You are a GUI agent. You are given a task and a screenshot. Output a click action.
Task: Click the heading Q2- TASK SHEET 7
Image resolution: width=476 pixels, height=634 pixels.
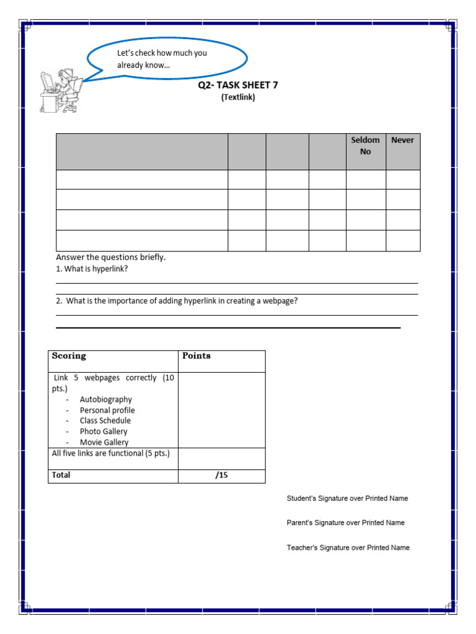238,85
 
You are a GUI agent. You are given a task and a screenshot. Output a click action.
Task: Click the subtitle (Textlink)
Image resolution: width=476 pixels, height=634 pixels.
238,97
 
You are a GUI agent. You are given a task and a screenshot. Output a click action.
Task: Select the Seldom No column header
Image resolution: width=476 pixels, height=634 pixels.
366,146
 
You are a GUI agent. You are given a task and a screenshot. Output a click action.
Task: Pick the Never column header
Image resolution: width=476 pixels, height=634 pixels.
403,141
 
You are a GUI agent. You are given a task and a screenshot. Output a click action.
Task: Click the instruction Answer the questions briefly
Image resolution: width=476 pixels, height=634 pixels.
111,257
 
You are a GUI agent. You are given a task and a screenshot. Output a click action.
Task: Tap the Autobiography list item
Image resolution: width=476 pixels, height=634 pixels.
105,400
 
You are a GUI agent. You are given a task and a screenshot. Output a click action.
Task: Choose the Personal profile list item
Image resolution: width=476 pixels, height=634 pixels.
107,410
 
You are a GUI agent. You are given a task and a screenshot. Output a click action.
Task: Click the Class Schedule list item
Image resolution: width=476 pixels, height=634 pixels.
105,421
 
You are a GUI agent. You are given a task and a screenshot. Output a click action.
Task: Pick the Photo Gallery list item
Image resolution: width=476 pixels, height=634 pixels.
104,432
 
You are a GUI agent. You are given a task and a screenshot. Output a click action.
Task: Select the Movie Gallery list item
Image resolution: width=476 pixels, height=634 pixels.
104,442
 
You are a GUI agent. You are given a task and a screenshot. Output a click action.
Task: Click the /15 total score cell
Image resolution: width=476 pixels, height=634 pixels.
221,475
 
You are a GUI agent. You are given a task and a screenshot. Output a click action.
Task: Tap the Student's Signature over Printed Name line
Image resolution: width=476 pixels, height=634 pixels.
347,498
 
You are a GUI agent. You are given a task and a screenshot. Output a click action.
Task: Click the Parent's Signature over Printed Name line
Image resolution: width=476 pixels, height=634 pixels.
345,523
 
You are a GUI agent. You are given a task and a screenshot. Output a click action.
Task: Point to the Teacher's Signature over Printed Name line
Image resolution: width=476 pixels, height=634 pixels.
348,548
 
